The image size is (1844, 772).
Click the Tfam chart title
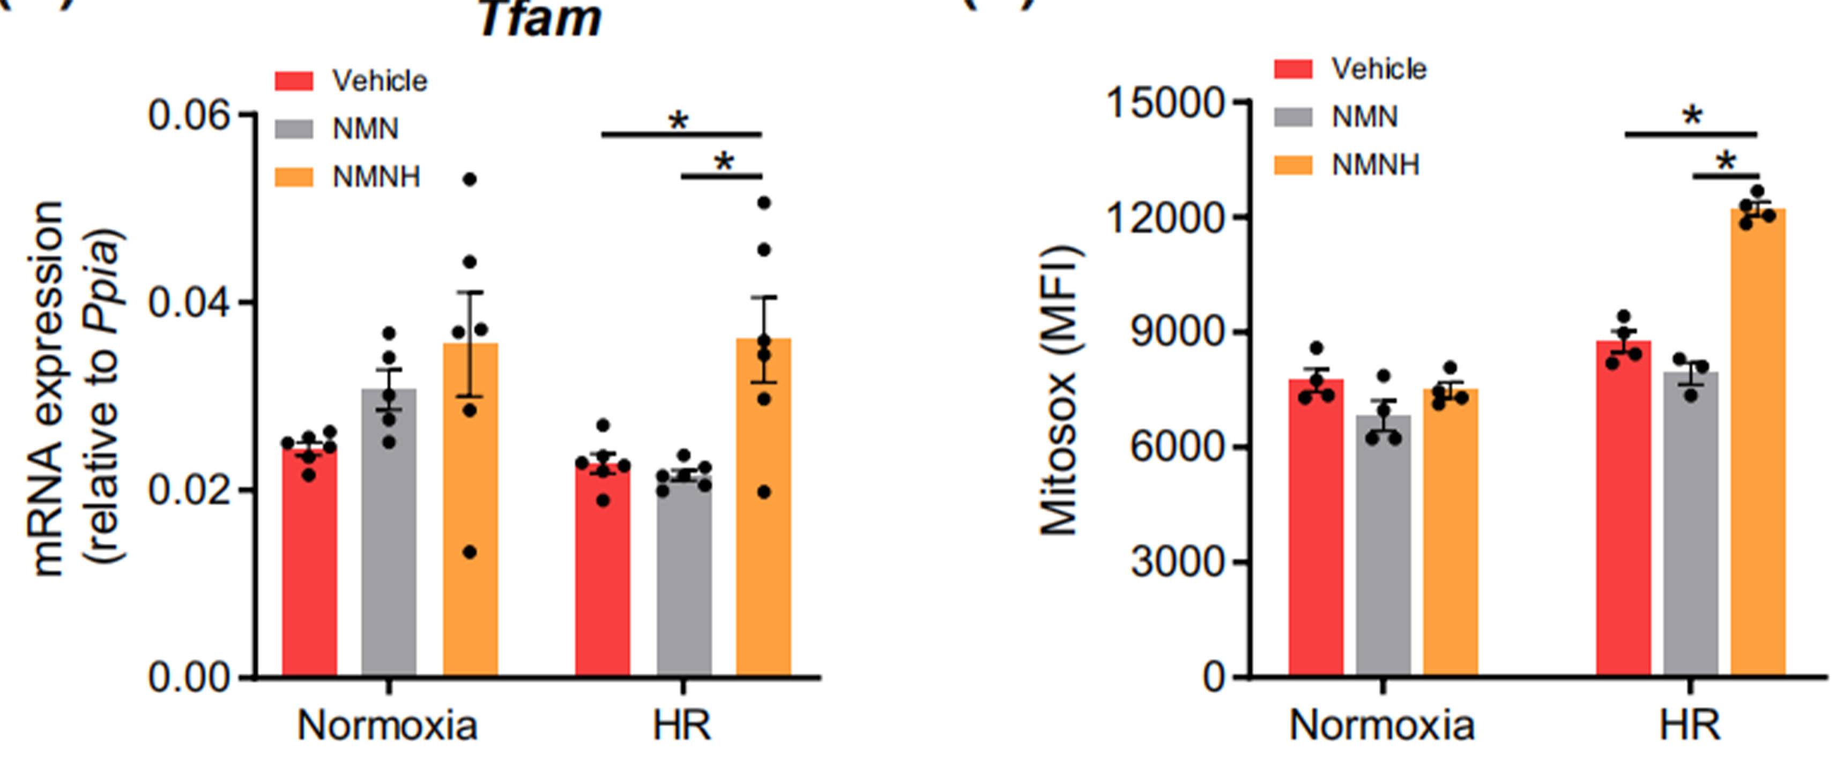(x=540, y=20)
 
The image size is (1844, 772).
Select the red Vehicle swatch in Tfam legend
(x=294, y=81)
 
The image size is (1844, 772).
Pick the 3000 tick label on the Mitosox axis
(x=1178, y=562)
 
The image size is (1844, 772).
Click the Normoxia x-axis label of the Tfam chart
(x=387, y=725)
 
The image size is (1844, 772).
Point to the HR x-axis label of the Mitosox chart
(x=1690, y=725)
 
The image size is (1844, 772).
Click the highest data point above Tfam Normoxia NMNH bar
(x=470, y=179)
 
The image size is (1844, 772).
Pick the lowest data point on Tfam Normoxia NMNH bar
(x=470, y=552)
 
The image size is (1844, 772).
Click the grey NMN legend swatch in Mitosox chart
(x=1293, y=117)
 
